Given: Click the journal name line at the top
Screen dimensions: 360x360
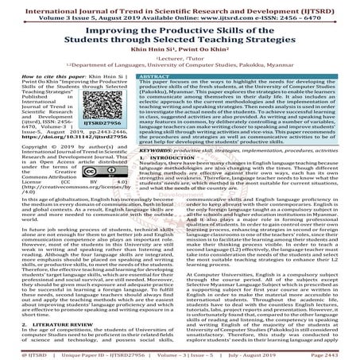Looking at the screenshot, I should click(180, 6).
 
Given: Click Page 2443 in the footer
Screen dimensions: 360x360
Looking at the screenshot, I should click(339, 354).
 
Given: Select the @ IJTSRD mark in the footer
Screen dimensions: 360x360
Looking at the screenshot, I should click(17, 354).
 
